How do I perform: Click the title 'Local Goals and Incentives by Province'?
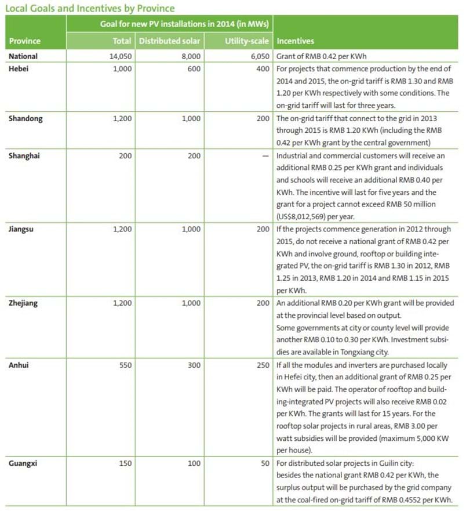89,8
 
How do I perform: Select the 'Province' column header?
26,42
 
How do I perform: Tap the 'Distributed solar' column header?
169,42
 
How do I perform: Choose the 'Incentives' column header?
296,42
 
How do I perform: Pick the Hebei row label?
21,68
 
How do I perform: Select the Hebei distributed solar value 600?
194,68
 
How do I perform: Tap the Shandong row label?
26,118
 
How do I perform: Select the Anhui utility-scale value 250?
263,365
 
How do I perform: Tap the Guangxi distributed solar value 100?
194,463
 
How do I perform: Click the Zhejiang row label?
24,303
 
